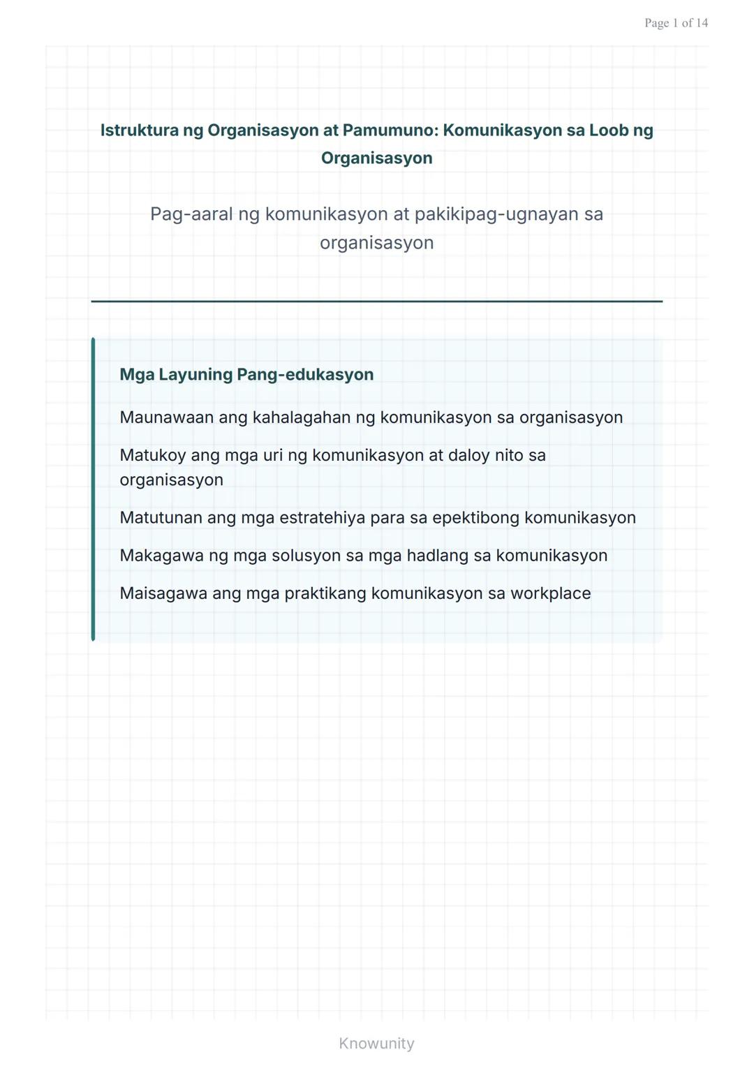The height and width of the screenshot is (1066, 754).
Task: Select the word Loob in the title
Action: [609, 131]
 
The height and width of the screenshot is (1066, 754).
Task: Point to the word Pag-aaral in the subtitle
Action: [191, 214]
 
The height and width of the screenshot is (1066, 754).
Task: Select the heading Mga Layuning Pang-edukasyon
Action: [246, 375]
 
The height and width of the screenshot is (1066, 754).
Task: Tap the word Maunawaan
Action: [166, 417]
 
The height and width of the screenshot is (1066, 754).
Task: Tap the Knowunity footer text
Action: [376, 1044]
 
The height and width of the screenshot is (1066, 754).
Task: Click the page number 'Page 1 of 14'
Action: [676, 23]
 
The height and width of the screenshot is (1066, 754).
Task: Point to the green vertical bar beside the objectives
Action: [93, 489]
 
